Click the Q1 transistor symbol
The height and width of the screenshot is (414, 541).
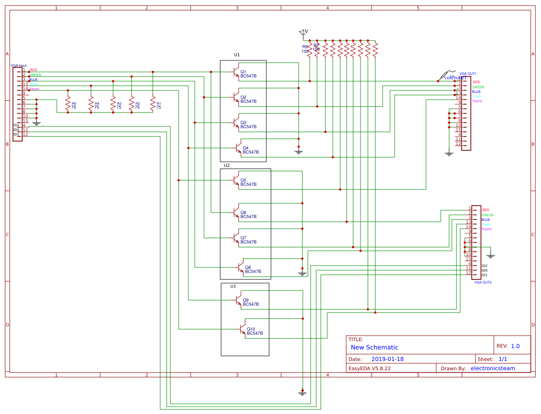(236, 72)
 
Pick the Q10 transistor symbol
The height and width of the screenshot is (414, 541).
(242, 329)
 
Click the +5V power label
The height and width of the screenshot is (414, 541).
(303, 32)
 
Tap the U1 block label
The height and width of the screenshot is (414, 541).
(237, 55)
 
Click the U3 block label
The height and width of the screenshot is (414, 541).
(233, 286)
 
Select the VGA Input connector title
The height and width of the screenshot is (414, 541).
(19, 65)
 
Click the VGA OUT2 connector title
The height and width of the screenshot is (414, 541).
(483, 282)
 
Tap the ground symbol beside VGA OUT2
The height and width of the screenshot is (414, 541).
(490, 255)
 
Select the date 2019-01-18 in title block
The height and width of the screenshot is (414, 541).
(387, 359)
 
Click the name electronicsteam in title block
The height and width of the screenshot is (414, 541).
(493, 368)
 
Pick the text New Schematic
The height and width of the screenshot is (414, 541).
(374, 347)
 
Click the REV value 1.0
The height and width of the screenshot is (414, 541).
(515, 346)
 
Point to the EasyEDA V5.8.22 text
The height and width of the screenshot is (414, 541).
(369, 368)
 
